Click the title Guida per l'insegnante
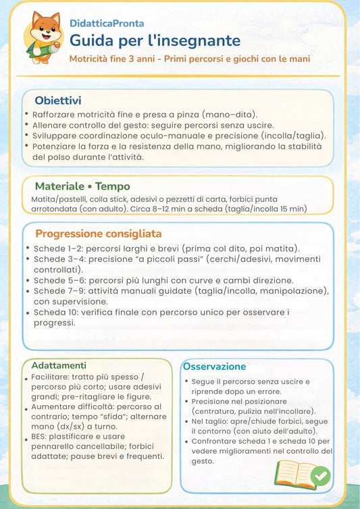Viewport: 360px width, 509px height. click(155, 40)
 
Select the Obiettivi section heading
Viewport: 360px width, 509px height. click(58, 101)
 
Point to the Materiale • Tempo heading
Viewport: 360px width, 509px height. click(82, 186)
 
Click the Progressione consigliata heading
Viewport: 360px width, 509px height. click(99, 234)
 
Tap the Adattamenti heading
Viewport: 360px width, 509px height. click(59, 365)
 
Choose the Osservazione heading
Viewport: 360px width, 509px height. click(214, 367)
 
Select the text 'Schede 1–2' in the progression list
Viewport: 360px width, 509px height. click(57, 248)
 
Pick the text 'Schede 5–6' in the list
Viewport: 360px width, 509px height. click(57, 280)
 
